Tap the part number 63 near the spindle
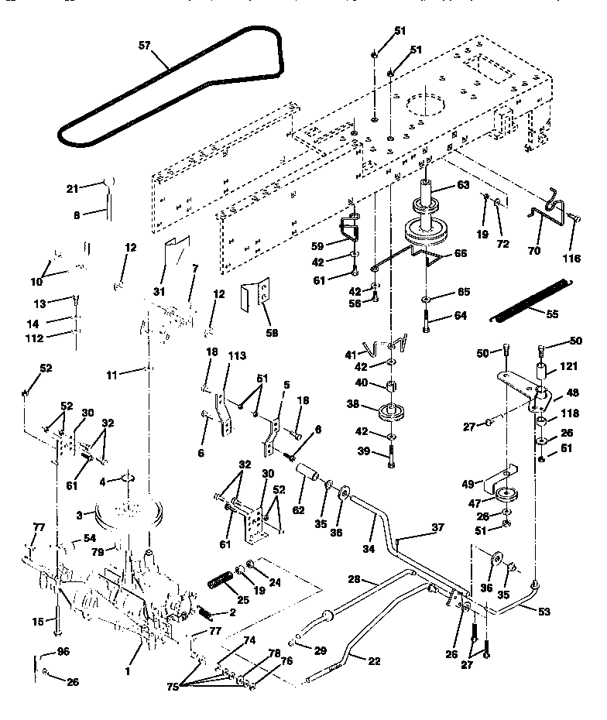tap(463, 185)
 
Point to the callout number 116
tap(573, 259)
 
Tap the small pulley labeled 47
tap(507, 495)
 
